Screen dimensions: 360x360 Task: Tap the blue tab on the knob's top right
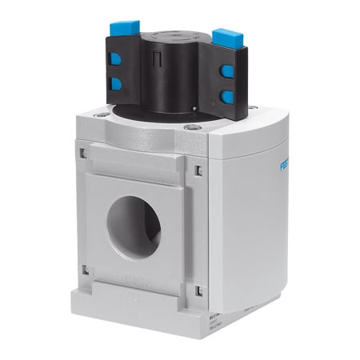(x=226, y=37)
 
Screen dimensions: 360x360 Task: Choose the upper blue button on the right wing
(x=227, y=70)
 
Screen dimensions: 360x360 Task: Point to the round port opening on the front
(x=134, y=226)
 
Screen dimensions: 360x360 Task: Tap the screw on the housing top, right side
(x=190, y=126)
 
